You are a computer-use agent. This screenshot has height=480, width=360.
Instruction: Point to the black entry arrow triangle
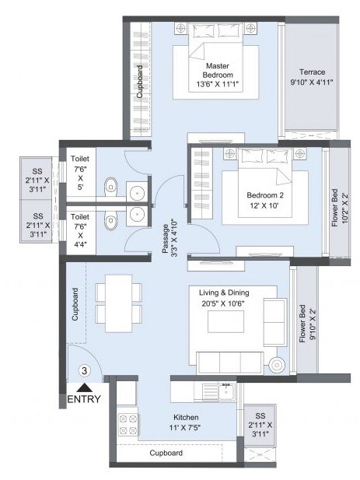[84, 388]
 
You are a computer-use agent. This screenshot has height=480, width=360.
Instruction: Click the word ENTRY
[84, 400]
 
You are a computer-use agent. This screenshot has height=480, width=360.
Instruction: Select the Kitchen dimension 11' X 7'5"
[185, 427]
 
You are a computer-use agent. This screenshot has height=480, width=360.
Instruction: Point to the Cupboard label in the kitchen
[166, 453]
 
